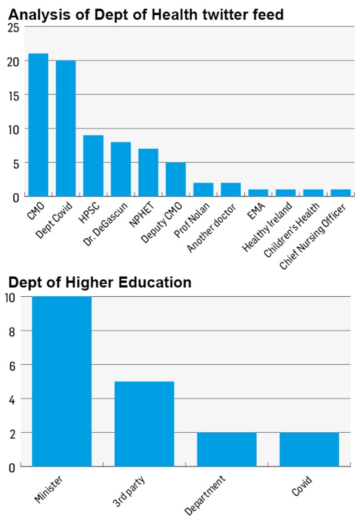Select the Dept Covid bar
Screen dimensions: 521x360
66,128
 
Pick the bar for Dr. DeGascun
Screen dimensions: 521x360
121,169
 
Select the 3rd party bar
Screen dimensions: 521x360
144,424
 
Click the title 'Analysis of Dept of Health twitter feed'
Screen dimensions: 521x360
146,15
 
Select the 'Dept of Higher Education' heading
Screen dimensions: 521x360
100,282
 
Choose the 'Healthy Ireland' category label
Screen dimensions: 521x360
268,228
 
